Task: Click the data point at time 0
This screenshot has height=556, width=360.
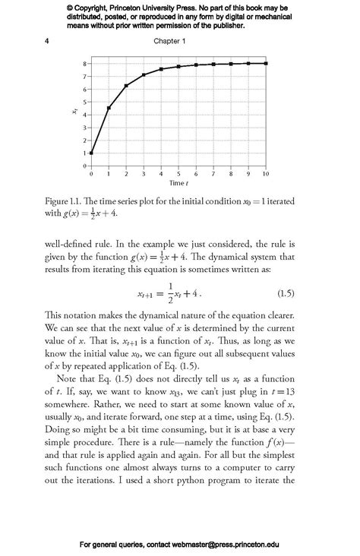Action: (91, 153)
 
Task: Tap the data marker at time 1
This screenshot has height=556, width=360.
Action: (109, 108)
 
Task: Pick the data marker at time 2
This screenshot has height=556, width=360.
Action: (126, 86)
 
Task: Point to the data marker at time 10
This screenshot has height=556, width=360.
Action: (266, 63)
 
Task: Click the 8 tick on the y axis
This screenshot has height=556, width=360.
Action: (84, 64)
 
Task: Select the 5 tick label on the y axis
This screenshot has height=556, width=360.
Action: (84, 102)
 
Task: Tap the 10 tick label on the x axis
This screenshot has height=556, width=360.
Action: (266, 175)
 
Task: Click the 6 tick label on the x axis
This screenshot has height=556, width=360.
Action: (196, 175)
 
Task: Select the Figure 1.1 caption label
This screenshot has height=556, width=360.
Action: (65, 201)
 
